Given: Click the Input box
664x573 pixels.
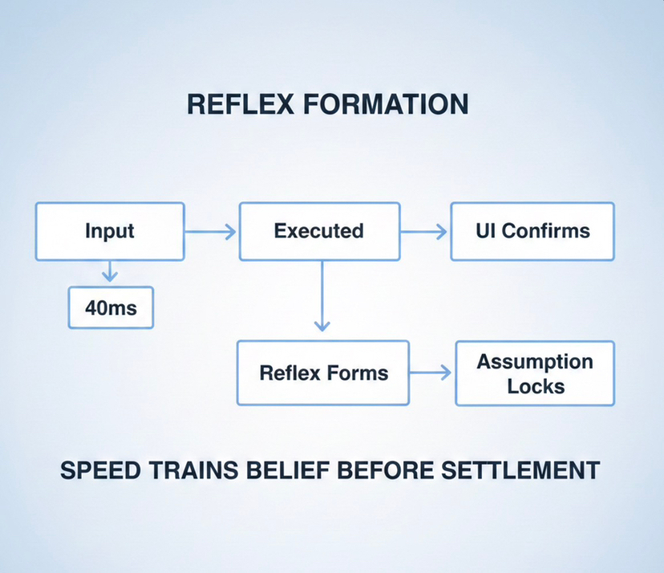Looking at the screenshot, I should pos(110,231).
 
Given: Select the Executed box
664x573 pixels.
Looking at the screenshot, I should pos(319,231).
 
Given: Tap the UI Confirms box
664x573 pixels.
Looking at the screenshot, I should pos(532,231).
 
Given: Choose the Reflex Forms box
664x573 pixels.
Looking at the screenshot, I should pos(323,372).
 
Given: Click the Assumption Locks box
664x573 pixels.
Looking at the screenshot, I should pos(535,373).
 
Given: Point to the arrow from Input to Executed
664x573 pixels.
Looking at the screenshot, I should pos(211,232).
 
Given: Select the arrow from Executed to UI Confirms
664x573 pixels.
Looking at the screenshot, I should pos(424,232).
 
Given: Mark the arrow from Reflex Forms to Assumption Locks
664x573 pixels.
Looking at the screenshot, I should pos(431,372).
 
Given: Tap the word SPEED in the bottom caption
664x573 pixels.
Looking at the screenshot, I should pos(99,470).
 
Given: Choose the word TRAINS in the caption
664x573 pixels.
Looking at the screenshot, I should pos(188,470).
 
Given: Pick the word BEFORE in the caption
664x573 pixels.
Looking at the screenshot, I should pos(387,470).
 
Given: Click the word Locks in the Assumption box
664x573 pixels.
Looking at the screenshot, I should pos(536,386).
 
